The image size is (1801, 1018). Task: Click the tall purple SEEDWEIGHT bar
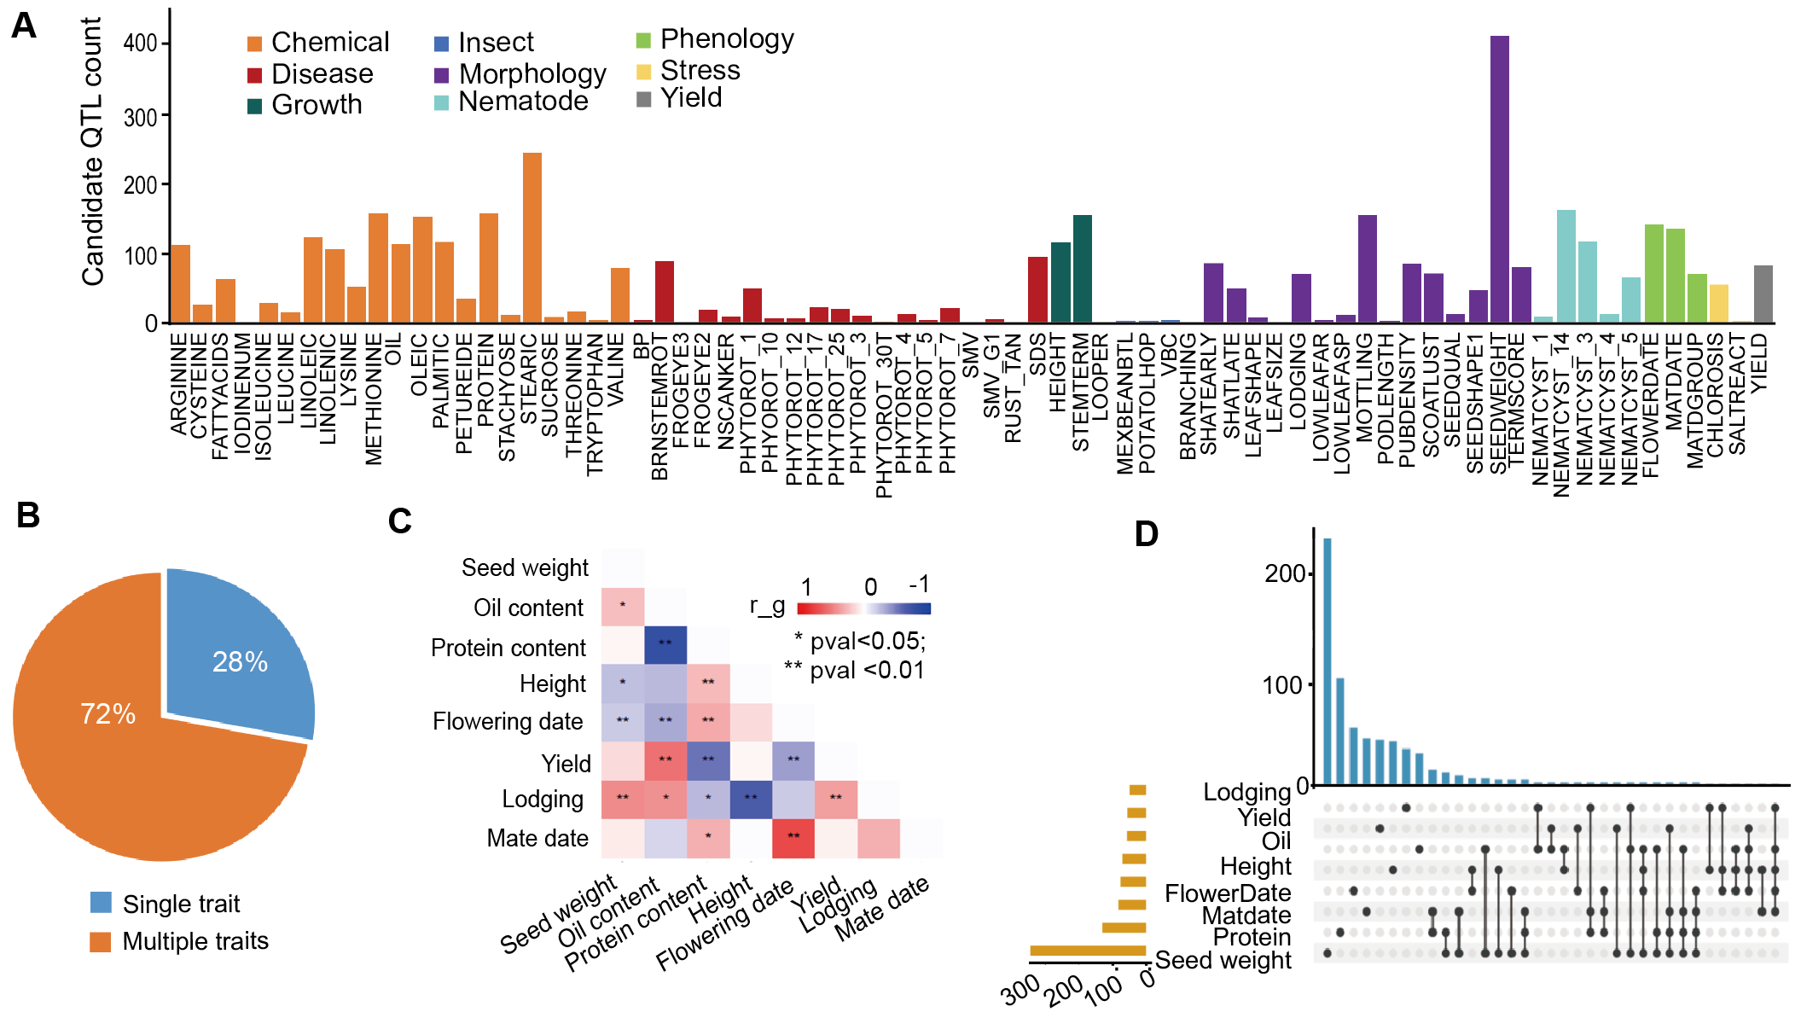pos(1499,179)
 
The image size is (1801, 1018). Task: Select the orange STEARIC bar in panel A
pos(532,238)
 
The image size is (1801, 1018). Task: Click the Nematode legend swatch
pos(441,103)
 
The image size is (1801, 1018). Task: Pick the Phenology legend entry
pos(726,39)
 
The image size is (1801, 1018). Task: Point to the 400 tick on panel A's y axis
pos(141,44)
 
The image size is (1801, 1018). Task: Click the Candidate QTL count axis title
pos(92,152)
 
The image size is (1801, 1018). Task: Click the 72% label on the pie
pos(107,713)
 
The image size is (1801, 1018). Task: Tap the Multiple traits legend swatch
pos(101,942)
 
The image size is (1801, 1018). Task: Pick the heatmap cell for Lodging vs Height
pos(751,800)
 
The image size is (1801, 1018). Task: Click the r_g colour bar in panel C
pos(863,608)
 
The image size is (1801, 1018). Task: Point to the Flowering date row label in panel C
pos(508,722)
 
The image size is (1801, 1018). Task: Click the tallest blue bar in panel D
pos(1328,661)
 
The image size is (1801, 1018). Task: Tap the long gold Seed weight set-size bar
pos(1088,951)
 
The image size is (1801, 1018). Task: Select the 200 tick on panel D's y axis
pos(1285,573)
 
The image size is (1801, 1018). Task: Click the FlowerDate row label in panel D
pos(1228,893)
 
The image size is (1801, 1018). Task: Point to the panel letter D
pos(1147,534)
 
